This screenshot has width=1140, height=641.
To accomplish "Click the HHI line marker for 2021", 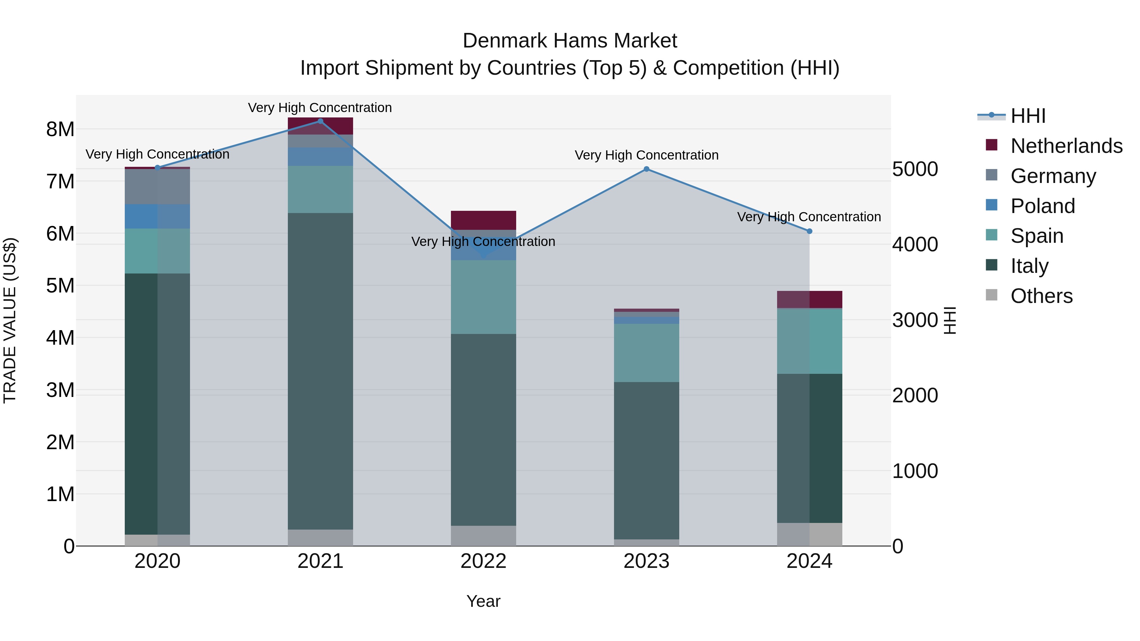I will tap(320, 121).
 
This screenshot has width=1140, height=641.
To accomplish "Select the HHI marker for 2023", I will tap(647, 169).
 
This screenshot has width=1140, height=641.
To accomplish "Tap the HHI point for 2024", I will tap(809, 231).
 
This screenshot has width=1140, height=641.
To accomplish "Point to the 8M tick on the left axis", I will tap(60, 129).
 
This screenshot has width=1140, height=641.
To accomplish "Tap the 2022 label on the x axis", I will tap(483, 561).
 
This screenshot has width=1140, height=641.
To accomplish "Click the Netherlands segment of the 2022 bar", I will tap(483, 220).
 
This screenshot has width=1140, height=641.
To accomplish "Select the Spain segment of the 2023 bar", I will tap(647, 353).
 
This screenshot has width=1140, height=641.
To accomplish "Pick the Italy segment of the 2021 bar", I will tap(320, 372).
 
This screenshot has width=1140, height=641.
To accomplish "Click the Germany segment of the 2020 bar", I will tap(158, 186).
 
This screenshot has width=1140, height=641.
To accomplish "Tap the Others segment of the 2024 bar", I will tap(809, 534).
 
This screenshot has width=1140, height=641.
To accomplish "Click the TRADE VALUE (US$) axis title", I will tap(10, 320).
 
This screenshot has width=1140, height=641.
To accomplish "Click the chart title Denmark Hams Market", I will tap(570, 41).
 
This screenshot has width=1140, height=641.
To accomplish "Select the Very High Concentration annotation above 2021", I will tap(320, 108).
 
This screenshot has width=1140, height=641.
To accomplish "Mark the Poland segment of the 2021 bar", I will tap(320, 157).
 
